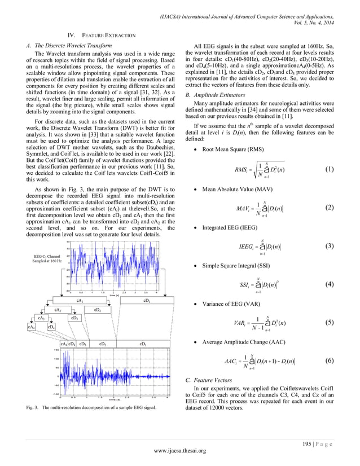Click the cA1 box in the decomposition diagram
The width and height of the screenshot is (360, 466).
80,302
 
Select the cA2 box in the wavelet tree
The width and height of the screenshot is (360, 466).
58,310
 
